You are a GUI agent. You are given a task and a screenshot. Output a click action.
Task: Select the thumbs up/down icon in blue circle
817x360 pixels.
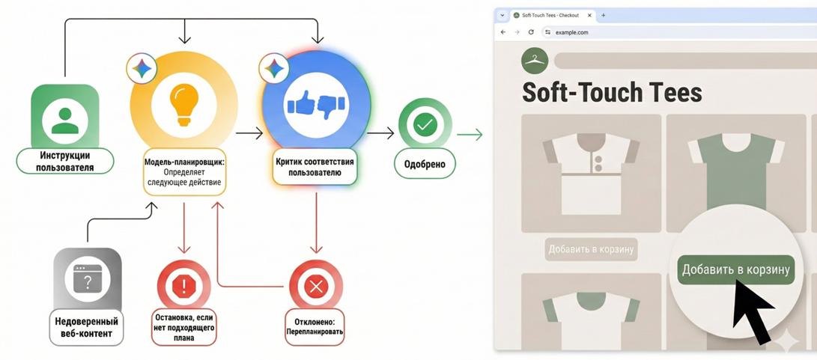(x=316, y=106)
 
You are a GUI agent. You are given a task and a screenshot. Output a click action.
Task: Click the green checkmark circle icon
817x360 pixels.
(x=425, y=125)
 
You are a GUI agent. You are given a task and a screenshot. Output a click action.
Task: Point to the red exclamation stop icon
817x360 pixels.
(x=183, y=285)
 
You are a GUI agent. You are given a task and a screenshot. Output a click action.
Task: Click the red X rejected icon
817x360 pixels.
(x=316, y=285)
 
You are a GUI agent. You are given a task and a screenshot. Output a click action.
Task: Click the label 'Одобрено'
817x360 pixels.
(x=425, y=164)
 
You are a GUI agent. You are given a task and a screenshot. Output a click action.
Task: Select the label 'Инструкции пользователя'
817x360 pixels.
(x=65, y=162)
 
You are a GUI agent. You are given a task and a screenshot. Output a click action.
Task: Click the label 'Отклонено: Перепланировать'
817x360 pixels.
(x=315, y=327)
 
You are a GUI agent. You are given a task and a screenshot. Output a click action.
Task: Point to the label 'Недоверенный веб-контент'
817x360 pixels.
(x=87, y=326)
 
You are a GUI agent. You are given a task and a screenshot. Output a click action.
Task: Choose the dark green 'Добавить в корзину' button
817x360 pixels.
(x=735, y=269)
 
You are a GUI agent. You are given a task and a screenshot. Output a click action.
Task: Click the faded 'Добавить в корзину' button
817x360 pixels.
(x=591, y=249)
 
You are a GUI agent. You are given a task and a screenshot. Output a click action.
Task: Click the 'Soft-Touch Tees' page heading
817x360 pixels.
(x=612, y=92)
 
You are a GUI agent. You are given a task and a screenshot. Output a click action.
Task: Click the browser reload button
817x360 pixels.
(x=531, y=32)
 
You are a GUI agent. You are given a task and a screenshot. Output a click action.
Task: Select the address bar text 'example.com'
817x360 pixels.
(x=572, y=32)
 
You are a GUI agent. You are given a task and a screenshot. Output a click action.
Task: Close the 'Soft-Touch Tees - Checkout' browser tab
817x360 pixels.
(x=590, y=15)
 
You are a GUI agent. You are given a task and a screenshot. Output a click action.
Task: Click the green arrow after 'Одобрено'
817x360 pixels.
(x=470, y=135)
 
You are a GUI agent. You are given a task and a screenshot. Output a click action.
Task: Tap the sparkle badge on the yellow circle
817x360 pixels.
(x=142, y=69)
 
